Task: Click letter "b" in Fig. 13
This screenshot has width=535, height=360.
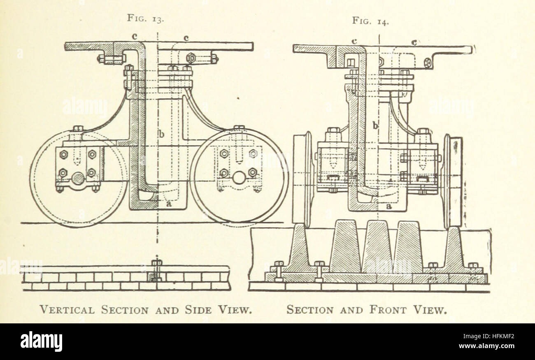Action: [x=161, y=135]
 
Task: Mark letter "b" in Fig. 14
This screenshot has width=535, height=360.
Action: [x=375, y=125]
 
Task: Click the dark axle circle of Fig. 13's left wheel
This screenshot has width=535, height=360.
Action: [x=78, y=178]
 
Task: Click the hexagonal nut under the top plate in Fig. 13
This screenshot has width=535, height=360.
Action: [x=191, y=57]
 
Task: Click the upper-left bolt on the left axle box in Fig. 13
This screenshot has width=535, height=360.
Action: [x=63, y=155]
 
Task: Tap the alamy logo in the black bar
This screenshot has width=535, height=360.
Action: [x=41, y=341]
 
